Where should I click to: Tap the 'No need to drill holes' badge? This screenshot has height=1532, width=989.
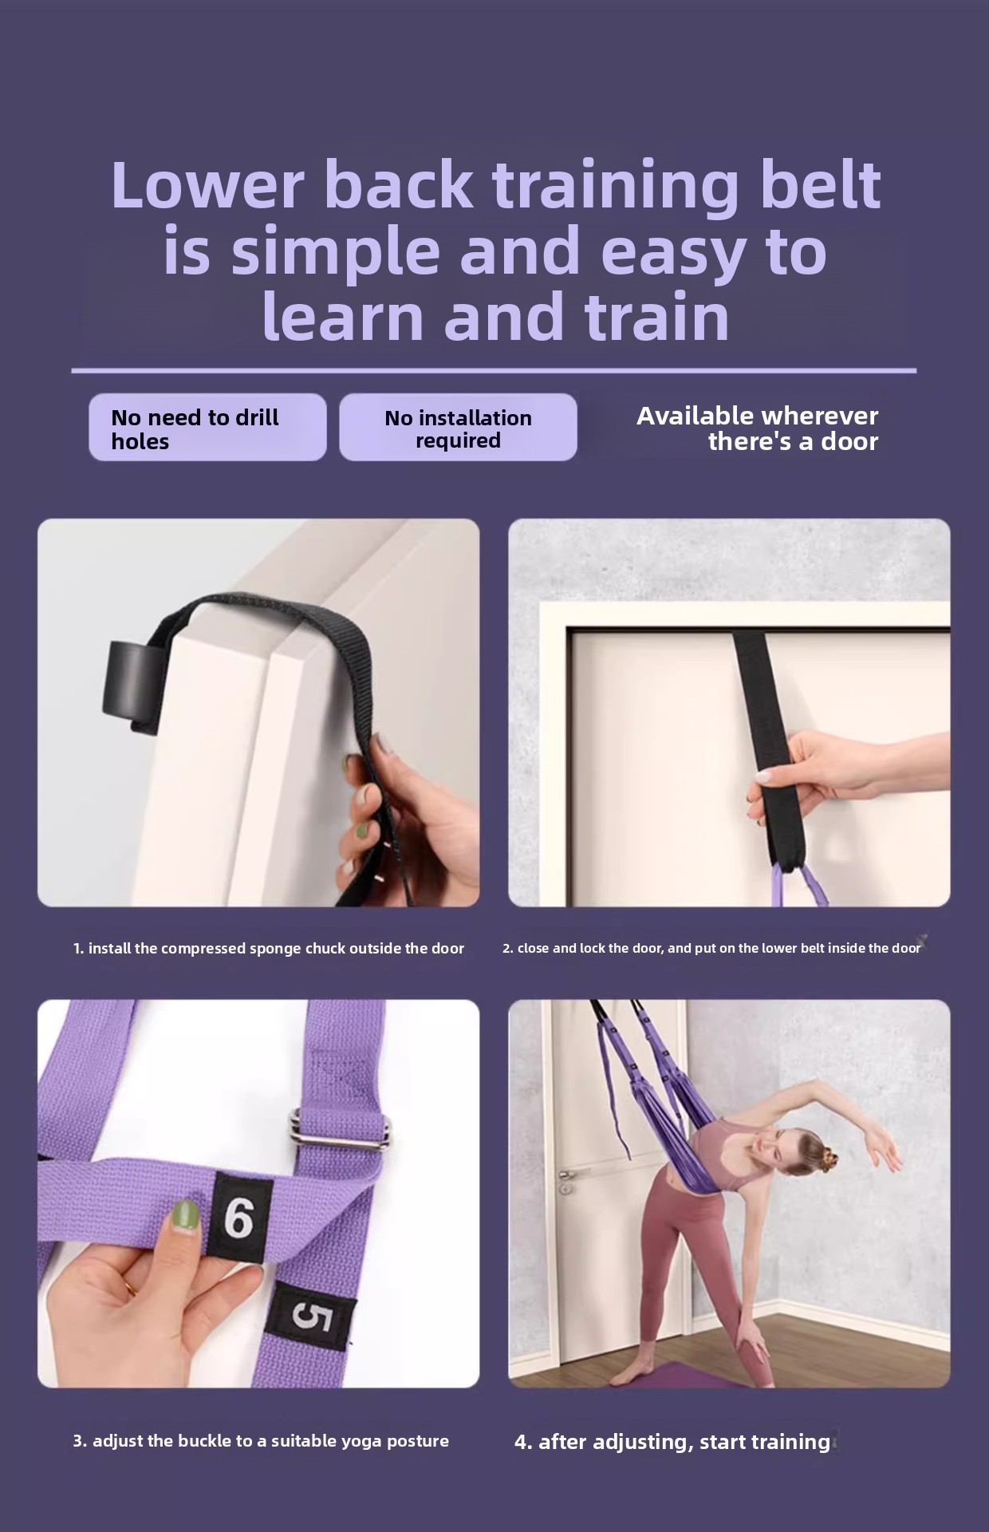click(x=207, y=427)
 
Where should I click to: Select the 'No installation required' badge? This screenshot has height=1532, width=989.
click(x=458, y=427)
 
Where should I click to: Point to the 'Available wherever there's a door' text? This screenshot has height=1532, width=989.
click(x=757, y=428)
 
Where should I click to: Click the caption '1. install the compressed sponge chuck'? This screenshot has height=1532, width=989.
click(x=268, y=949)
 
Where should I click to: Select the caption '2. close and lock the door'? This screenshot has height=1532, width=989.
click(x=711, y=949)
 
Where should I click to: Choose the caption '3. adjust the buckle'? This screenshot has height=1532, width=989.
click(x=261, y=1441)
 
